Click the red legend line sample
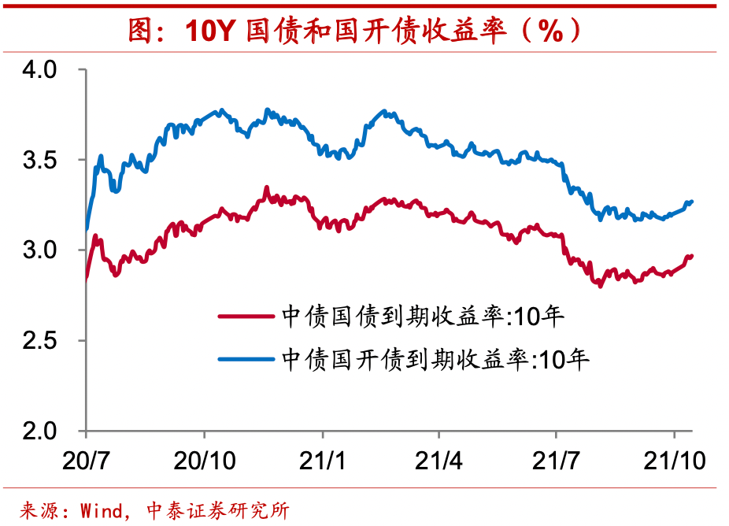click(x=246, y=317)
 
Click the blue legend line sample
click(x=246, y=360)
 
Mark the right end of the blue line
click(x=691, y=202)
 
